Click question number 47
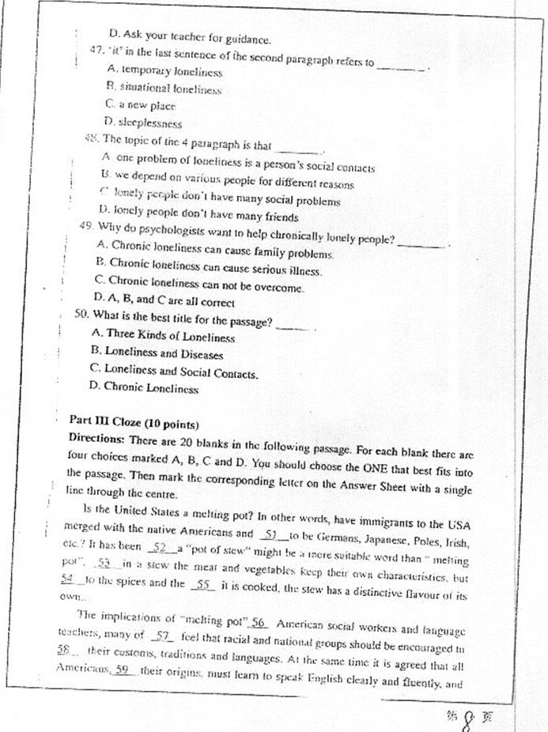99,51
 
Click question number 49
88,225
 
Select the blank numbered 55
204,585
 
